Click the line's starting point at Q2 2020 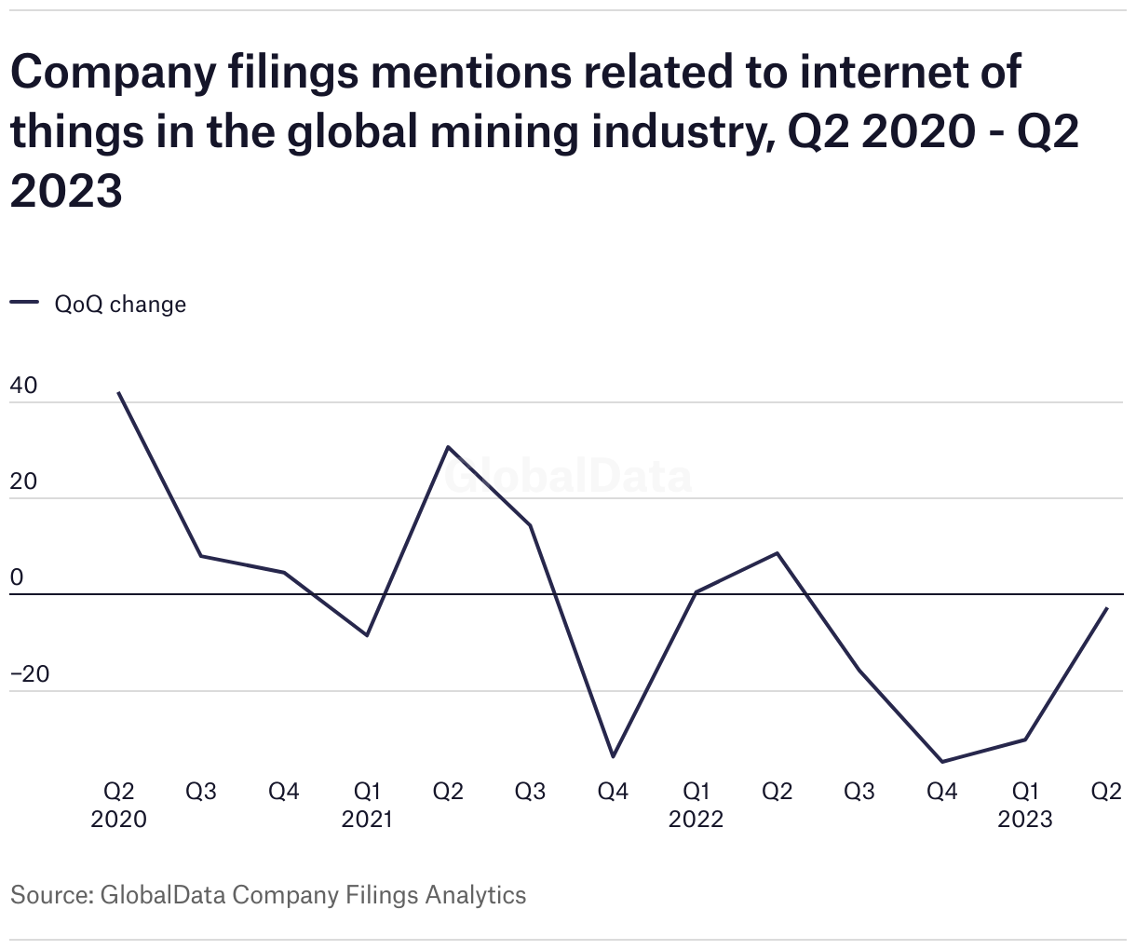(x=118, y=393)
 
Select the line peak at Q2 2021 (x=448, y=447)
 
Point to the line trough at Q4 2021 (x=613, y=756)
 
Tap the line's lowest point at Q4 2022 (x=942, y=762)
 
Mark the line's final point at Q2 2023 (x=1106, y=608)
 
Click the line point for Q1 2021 (x=367, y=635)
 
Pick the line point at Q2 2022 (x=778, y=553)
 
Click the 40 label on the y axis (x=24, y=386)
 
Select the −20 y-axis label (x=30, y=673)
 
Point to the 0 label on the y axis (x=17, y=577)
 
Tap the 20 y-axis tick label (x=24, y=482)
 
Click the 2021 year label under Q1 (x=367, y=820)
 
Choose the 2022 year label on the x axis (x=696, y=820)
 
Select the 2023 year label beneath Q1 (x=1024, y=820)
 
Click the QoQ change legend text (x=120, y=305)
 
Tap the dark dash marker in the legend (x=24, y=303)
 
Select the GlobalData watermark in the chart (x=568, y=477)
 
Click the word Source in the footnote (x=47, y=895)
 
